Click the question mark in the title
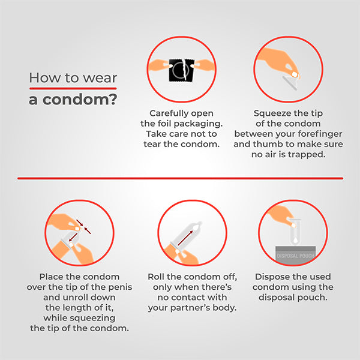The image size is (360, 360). (x=112, y=99)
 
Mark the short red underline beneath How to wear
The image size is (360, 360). (x=72, y=89)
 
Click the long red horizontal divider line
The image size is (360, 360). (x=180, y=178)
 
